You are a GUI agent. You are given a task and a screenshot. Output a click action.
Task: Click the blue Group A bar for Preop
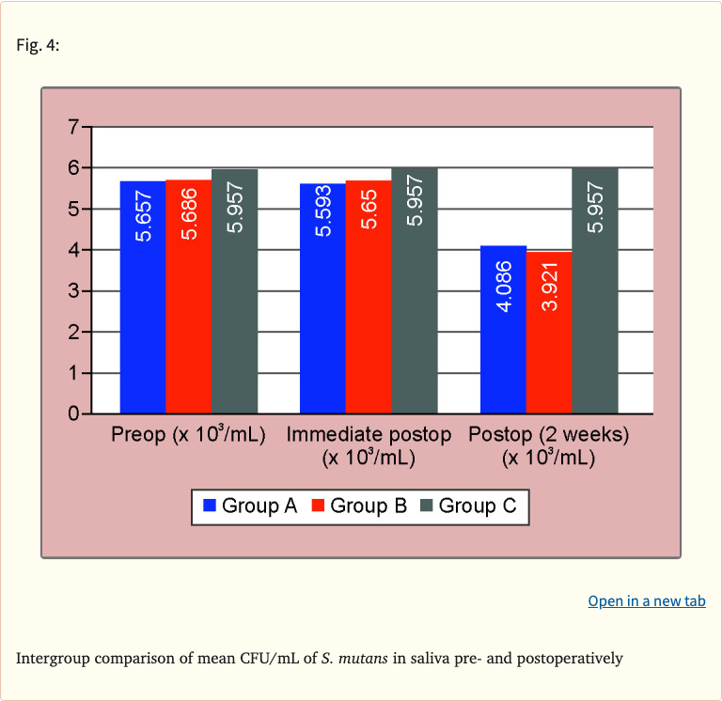[x=143, y=296]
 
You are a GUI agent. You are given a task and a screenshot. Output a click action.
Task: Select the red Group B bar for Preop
[x=189, y=296]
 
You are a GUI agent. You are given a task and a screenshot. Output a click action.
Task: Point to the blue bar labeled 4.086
[x=503, y=329]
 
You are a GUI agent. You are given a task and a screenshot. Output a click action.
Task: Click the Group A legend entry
[x=250, y=506]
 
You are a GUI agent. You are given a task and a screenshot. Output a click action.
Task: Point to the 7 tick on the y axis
[x=72, y=127]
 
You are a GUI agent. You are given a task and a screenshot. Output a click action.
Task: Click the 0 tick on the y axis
[x=72, y=413]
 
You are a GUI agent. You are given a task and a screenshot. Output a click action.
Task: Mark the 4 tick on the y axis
[x=72, y=250]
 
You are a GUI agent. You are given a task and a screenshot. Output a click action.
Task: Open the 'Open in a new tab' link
[x=647, y=600]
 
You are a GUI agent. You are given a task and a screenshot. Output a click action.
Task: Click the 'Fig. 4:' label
[x=38, y=45]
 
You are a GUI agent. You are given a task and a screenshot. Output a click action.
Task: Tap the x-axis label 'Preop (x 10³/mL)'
[x=189, y=435]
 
